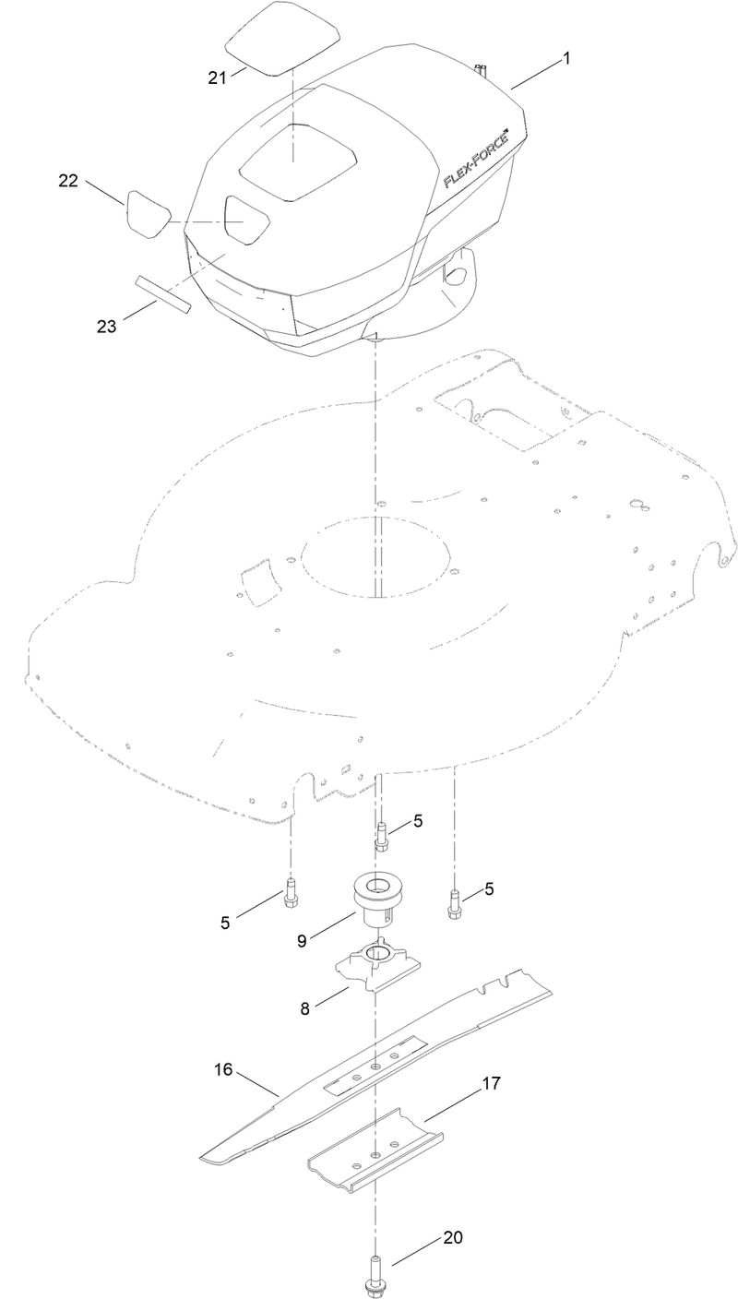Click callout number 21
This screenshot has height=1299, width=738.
tap(217, 77)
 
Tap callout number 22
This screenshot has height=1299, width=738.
tap(68, 183)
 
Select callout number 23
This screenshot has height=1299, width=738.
tap(108, 325)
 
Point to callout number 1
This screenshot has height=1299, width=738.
tap(566, 58)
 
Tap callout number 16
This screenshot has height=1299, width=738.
tap(224, 1070)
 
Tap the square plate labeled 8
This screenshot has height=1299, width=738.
tap(376, 971)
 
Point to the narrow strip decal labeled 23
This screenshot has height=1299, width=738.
tap(163, 293)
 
